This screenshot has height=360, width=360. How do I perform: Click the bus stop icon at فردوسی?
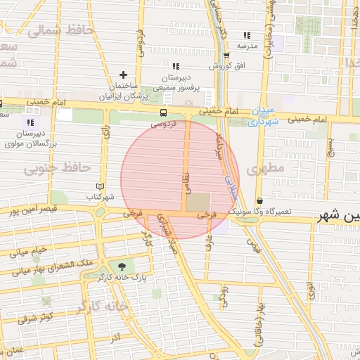click(x=163, y=112)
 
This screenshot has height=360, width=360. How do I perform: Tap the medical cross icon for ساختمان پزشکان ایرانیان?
click(x=124, y=74)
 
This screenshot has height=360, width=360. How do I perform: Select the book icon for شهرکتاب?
click(x=100, y=186)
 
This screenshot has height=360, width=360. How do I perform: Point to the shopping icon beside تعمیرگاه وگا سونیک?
click(x=259, y=200)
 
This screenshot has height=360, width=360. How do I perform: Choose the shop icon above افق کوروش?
click(x=226, y=56)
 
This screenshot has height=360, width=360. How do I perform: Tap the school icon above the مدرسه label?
click(x=246, y=35)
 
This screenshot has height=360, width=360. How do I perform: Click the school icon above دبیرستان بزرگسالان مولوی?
click(x=30, y=122)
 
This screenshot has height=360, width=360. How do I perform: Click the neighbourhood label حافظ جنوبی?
click(x=57, y=168)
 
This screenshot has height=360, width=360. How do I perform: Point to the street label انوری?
click(x=310, y=288)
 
